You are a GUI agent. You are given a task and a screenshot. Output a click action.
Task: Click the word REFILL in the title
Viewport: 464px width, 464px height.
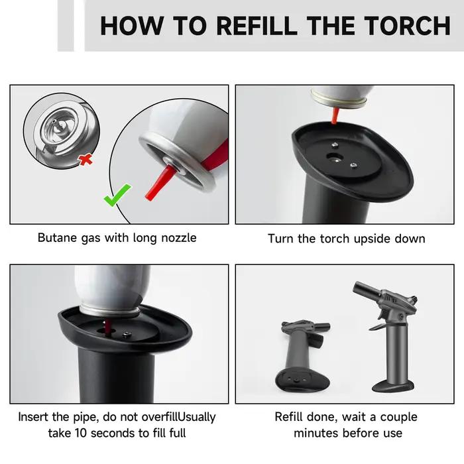tap(257, 26)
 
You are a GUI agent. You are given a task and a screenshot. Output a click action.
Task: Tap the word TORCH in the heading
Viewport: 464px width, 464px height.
tap(407, 26)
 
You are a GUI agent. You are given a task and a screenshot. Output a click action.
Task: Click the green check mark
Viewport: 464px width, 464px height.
tap(117, 195)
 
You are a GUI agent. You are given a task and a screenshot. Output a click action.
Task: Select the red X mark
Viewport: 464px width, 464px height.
tap(86, 160)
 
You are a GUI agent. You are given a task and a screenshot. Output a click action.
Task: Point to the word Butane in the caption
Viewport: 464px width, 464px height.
tap(57, 237)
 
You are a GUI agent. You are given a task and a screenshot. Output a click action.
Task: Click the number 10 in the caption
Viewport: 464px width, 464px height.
tap(80, 434)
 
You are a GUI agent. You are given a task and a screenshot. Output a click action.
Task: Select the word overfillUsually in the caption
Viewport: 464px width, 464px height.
tap(178, 417)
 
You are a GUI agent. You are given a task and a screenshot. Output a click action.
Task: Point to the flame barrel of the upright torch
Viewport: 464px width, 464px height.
tap(367, 290)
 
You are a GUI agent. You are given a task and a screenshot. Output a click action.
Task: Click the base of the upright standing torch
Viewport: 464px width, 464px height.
tap(393, 386)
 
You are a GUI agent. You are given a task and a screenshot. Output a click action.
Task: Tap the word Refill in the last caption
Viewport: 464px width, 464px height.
tap(289, 417)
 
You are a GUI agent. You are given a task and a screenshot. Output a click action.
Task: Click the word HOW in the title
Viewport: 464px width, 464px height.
tap(132, 26)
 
